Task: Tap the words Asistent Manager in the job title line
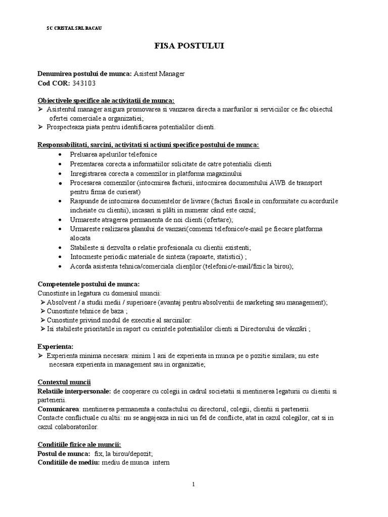159,74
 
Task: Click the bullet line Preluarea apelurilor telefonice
114,154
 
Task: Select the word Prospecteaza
67,127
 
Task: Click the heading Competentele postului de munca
89,283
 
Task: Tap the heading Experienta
56,346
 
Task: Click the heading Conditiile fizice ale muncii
79,444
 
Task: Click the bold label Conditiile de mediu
69,462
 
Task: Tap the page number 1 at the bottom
193,484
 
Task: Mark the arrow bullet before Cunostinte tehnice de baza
42,311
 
